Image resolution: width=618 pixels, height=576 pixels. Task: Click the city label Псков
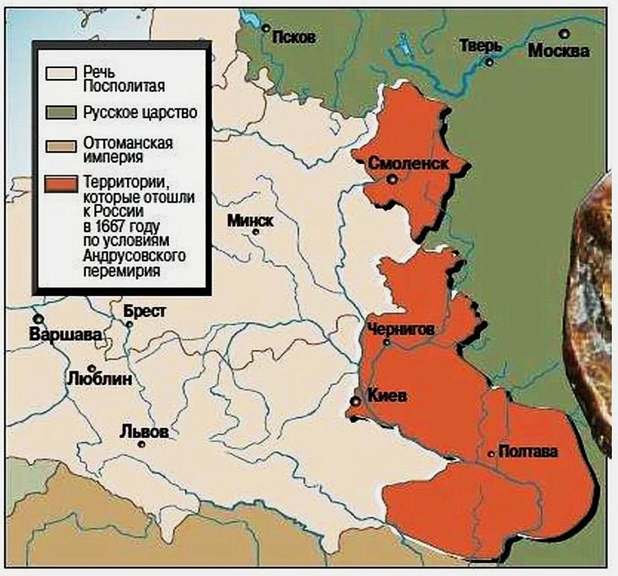[x=294, y=38]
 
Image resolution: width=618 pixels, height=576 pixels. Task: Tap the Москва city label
[x=558, y=51]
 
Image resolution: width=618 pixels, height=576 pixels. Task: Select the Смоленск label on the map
[x=409, y=164]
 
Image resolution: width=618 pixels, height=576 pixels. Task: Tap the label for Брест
[x=145, y=311]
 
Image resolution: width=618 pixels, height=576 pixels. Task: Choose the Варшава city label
[x=66, y=335]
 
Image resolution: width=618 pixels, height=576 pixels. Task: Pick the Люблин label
[x=100, y=378]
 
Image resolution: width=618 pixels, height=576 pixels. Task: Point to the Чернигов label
[x=400, y=329]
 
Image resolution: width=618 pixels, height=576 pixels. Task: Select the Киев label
[x=387, y=397]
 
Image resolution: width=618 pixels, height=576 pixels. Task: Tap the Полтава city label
[x=528, y=452]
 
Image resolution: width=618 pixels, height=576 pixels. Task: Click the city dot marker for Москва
[x=564, y=33]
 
